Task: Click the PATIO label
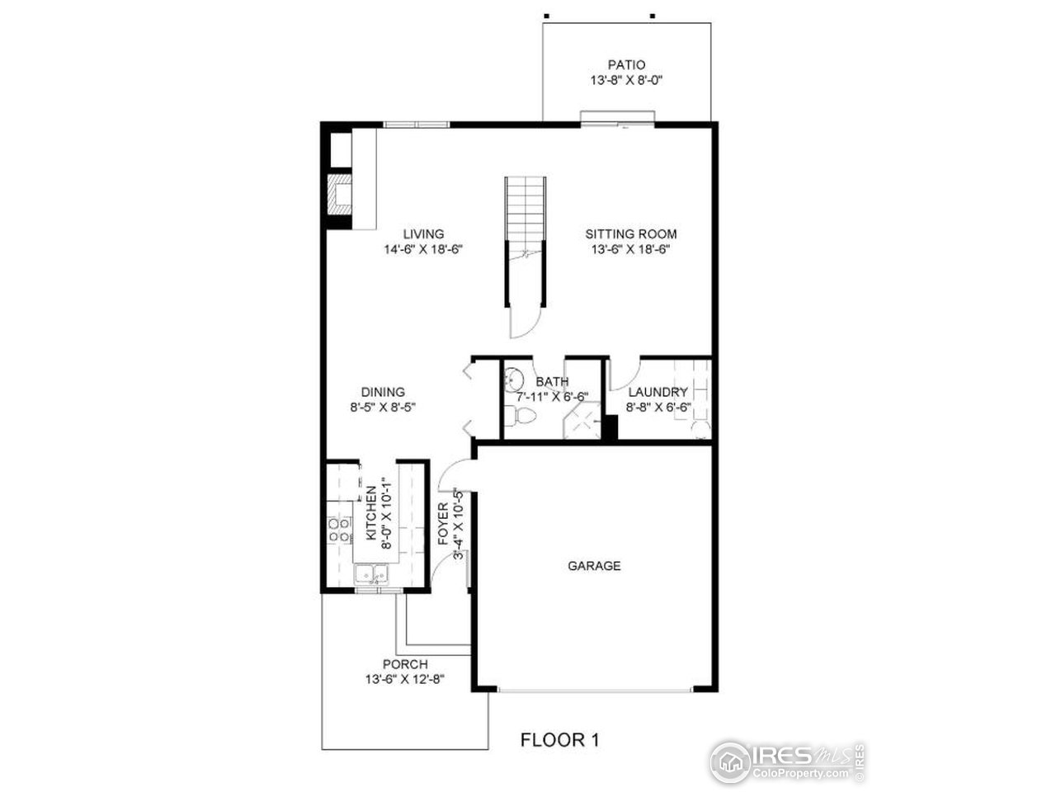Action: point(626,64)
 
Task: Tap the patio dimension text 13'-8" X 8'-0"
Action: point(626,81)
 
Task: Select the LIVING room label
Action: point(423,233)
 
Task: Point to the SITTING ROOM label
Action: point(631,233)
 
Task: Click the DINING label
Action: point(383,392)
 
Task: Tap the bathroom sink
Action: point(513,379)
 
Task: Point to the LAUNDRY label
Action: point(658,392)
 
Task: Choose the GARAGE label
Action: point(594,566)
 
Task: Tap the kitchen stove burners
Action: point(339,529)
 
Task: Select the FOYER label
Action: point(442,524)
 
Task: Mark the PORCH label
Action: point(405,664)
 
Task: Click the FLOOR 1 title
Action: point(559,740)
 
